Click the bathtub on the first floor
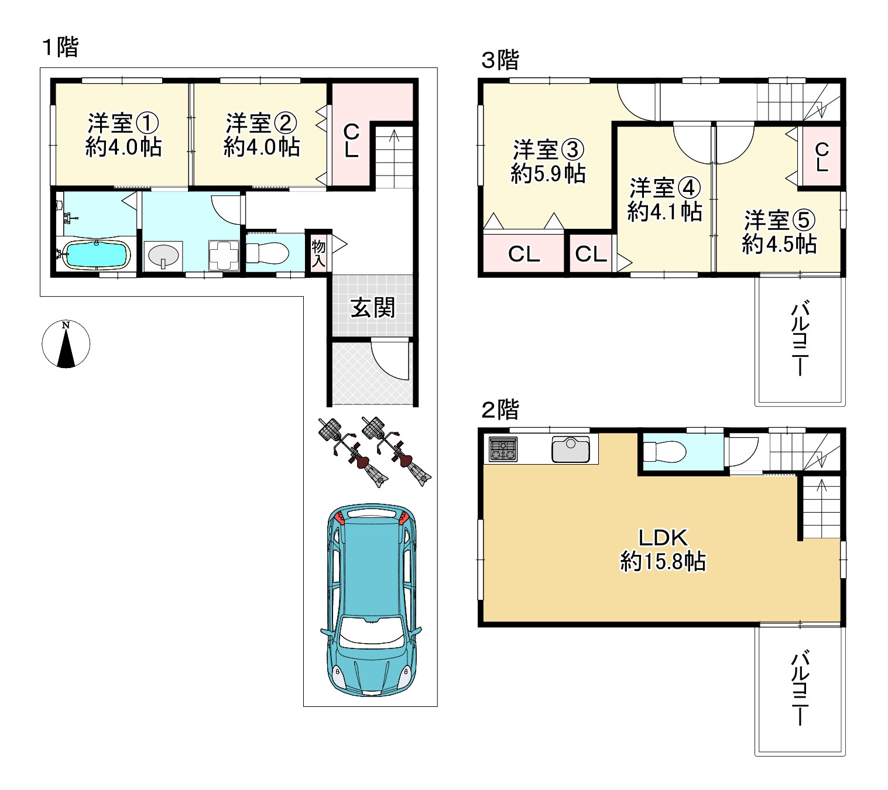click(x=96, y=254)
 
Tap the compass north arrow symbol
click(x=66, y=344)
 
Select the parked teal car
click(x=371, y=600)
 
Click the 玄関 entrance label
click(x=372, y=307)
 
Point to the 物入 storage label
click(x=318, y=254)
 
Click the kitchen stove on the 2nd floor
click(x=503, y=449)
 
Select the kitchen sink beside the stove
click(x=570, y=449)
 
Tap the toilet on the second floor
click(x=664, y=452)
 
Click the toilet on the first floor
click(x=268, y=253)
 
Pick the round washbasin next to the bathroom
click(x=163, y=256)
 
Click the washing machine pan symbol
click(x=224, y=256)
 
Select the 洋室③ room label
click(x=548, y=149)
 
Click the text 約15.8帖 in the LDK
click(x=663, y=561)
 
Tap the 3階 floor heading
click(x=500, y=60)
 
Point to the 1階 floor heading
click(x=60, y=47)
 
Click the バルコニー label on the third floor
click(x=800, y=338)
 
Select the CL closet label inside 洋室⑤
click(x=822, y=157)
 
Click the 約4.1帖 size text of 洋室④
click(x=664, y=212)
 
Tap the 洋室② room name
click(x=261, y=123)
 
